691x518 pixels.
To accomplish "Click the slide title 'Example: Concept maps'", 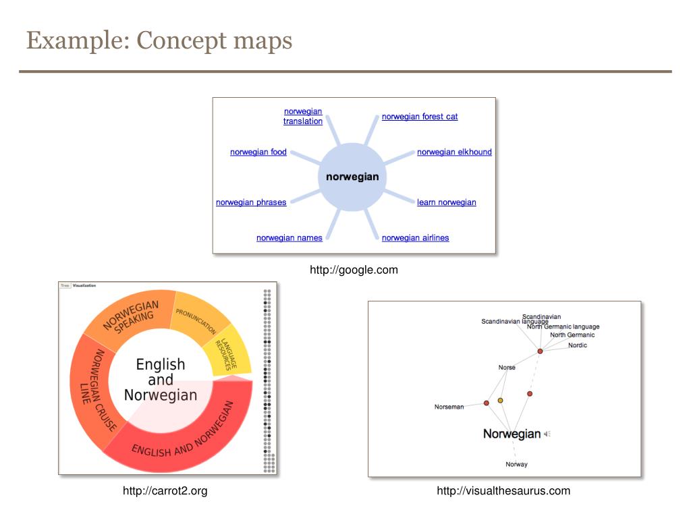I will [x=159, y=40].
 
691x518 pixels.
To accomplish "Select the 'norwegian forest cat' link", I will [x=420, y=117].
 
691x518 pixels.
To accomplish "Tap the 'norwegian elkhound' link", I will [x=454, y=152].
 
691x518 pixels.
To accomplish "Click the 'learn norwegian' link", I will [x=446, y=202].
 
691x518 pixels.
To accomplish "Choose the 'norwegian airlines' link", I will [x=415, y=238].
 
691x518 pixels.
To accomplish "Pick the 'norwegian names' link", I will [x=289, y=238].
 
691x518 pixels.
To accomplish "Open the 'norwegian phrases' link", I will [x=251, y=202].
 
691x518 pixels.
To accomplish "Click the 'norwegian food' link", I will [x=258, y=152].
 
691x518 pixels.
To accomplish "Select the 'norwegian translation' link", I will [x=303, y=117].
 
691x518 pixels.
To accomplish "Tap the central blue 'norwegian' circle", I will [x=352, y=177].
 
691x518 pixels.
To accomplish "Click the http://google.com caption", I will [x=354, y=270].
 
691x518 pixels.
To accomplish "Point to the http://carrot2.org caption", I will [x=165, y=491].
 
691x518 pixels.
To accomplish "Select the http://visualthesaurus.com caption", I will [x=503, y=491].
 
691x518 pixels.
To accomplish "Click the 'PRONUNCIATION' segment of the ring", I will [x=197, y=320].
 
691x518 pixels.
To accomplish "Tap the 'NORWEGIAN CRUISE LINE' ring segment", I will [x=94, y=391].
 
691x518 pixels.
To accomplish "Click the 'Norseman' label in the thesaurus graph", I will [x=449, y=407].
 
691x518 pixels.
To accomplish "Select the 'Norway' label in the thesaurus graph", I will [x=517, y=464].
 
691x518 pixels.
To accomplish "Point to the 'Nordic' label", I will [x=578, y=345].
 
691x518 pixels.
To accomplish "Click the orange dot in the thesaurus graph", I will [x=500, y=401].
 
